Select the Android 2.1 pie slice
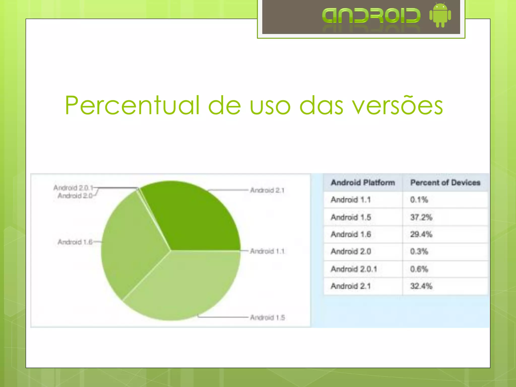click(194, 217)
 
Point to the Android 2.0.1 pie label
click(73, 188)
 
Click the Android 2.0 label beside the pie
click(75, 196)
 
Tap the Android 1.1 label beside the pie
click(267, 251)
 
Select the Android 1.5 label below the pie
click(267, 317)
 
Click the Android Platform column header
click(363, 183)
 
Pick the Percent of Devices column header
click(445, 183)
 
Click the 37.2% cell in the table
click(421, 217)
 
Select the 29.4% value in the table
click(421, 234)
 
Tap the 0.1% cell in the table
click(419, 200)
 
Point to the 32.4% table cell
click(421, 286)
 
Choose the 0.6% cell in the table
click(419, 269)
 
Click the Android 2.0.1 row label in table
click(354, 269)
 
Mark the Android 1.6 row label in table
click(351, 234)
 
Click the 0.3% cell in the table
click(419, 251)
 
